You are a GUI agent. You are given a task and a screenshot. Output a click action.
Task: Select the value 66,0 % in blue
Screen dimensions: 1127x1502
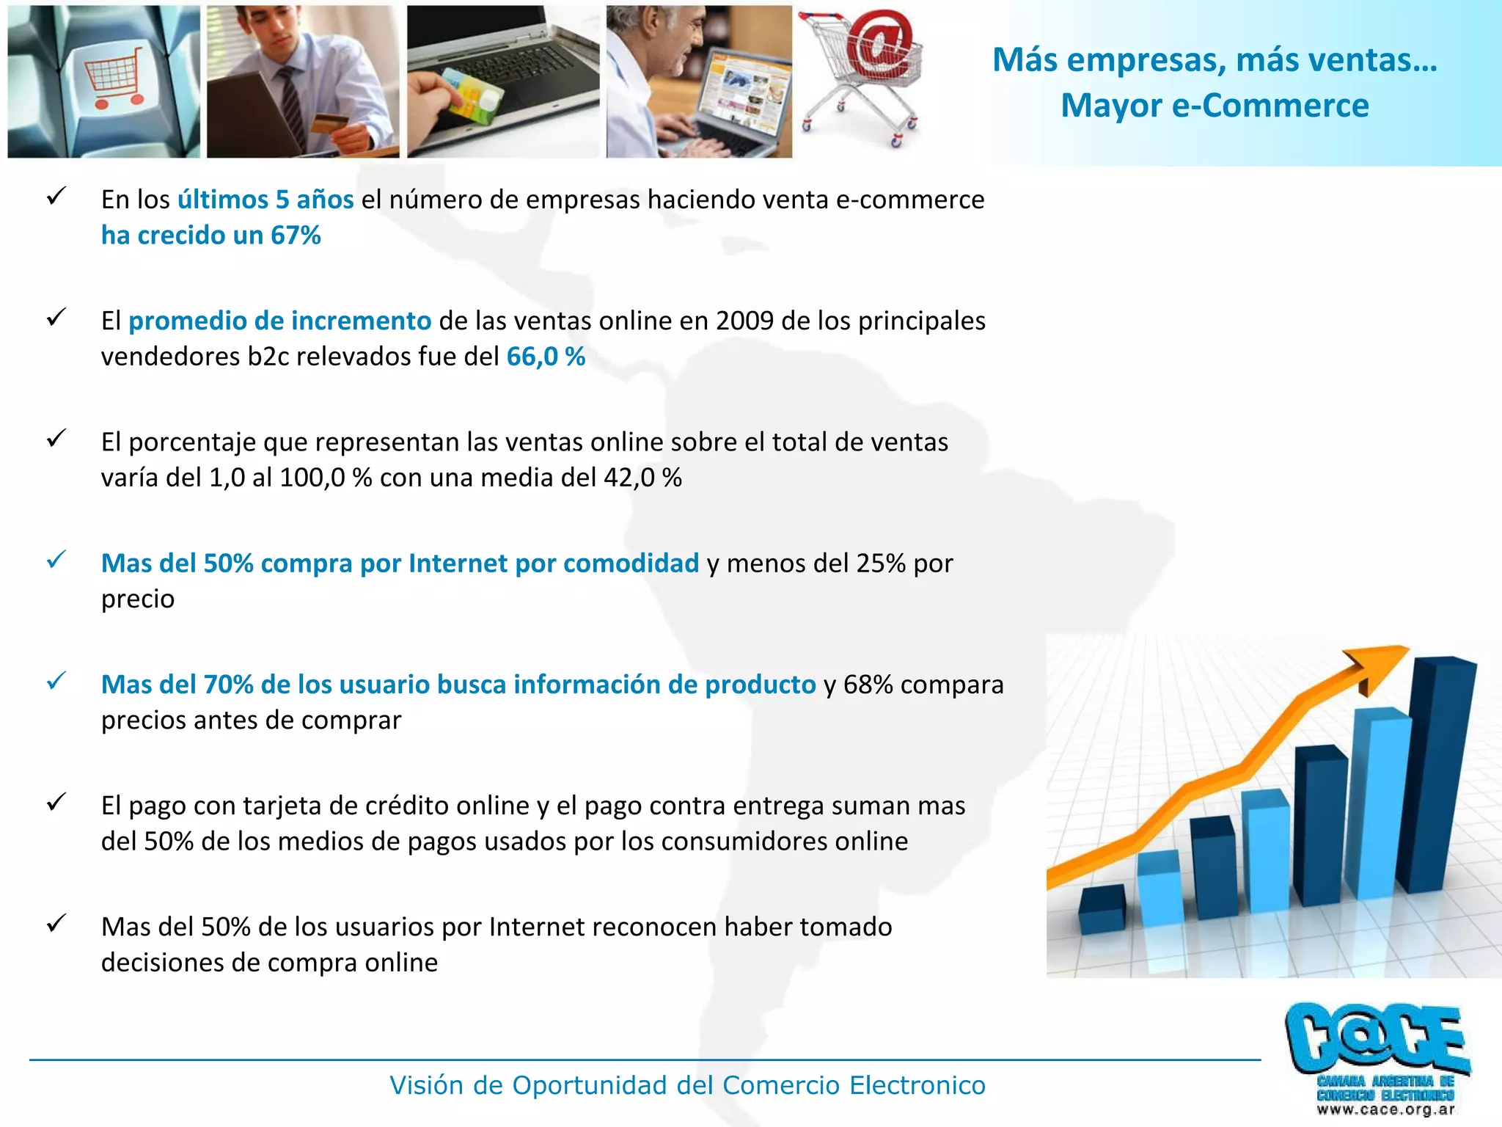tap(546, 357)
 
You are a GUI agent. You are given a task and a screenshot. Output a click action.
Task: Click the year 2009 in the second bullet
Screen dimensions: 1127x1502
tap(744, 321)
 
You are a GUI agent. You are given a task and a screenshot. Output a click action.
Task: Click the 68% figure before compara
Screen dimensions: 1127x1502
tap(868, 685)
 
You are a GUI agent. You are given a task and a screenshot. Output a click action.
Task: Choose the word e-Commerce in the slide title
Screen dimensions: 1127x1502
tap(1270, 106)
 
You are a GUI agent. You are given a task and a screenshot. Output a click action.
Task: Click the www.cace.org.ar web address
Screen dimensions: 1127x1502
tap(1385, 1109)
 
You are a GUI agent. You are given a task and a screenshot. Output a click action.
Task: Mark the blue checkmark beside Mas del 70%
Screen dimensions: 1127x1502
tap(56, 681)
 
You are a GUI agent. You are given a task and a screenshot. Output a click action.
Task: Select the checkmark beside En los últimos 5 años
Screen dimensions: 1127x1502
tap(56, 196)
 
